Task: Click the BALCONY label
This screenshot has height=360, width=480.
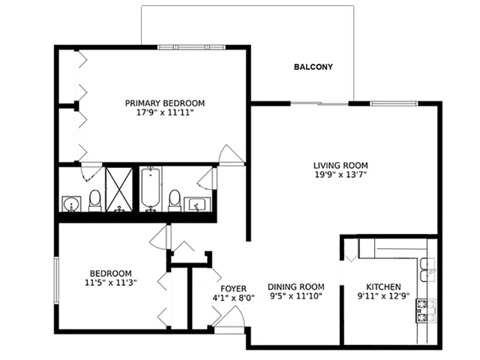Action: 313,67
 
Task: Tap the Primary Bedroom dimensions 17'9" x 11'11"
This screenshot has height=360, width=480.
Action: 165,112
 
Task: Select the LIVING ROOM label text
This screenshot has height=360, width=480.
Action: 340,165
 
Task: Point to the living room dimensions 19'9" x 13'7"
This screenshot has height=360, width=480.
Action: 340,175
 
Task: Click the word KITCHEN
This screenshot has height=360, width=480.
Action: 383,286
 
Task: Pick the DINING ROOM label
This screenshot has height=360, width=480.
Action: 296,286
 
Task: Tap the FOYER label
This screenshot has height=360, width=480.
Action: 233,289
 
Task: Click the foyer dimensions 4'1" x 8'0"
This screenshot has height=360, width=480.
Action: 233,298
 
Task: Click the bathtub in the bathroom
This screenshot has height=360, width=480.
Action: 150,188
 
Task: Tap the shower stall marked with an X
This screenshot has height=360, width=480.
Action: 119,189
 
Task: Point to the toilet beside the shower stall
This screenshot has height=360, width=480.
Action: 95,201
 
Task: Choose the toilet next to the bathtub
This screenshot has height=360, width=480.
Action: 175,201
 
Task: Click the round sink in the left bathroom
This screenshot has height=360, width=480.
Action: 72,204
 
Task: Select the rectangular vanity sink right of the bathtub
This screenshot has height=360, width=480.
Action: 197,204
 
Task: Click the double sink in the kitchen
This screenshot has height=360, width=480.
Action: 427,269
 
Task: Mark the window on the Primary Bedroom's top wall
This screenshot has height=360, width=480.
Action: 192,47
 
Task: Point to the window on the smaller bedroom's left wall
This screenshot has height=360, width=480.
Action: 56,280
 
